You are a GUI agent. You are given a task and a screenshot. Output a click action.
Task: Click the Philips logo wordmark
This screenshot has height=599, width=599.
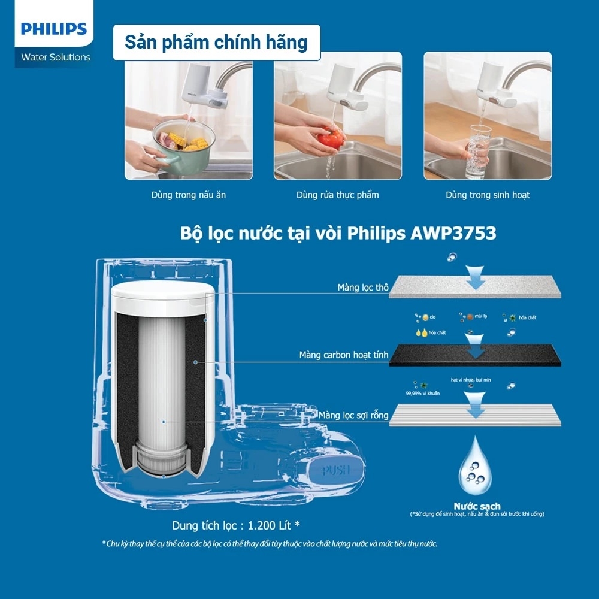[54, 29]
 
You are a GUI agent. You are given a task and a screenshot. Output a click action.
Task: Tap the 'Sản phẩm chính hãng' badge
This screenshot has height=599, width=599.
[216, 43]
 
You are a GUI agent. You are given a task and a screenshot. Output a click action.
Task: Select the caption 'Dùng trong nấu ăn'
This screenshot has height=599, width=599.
[188, 195]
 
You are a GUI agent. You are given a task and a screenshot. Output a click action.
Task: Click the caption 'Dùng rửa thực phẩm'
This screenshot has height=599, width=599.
[337, 195]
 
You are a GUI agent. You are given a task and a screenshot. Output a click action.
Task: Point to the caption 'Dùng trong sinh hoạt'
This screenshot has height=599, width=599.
[487, 195]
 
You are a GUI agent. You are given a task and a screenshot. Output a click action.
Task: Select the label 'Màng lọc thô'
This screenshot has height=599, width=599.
[363, 288]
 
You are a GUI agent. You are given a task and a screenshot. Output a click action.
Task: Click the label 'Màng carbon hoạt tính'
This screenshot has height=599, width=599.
[344, 355]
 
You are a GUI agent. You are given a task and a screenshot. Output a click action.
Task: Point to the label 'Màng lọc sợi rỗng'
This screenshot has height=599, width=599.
[353, 415]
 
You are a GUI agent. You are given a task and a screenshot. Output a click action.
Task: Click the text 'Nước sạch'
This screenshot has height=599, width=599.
[477, 506]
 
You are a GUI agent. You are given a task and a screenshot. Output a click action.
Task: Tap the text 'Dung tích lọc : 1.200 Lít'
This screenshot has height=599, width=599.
[235, 525]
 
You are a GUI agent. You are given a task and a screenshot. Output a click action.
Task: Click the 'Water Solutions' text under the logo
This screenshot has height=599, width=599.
[56, 58]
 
